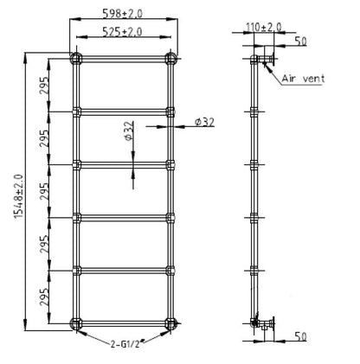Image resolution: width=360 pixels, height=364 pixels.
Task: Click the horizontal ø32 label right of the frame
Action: coord(203,122)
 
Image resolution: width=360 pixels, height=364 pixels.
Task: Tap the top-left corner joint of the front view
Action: coord(75,59)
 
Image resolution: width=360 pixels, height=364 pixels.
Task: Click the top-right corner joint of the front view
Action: coord(170,59)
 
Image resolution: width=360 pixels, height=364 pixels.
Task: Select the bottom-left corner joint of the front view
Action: coord(75,324)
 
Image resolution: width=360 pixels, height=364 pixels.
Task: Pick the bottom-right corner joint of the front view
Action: coord(170,324)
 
